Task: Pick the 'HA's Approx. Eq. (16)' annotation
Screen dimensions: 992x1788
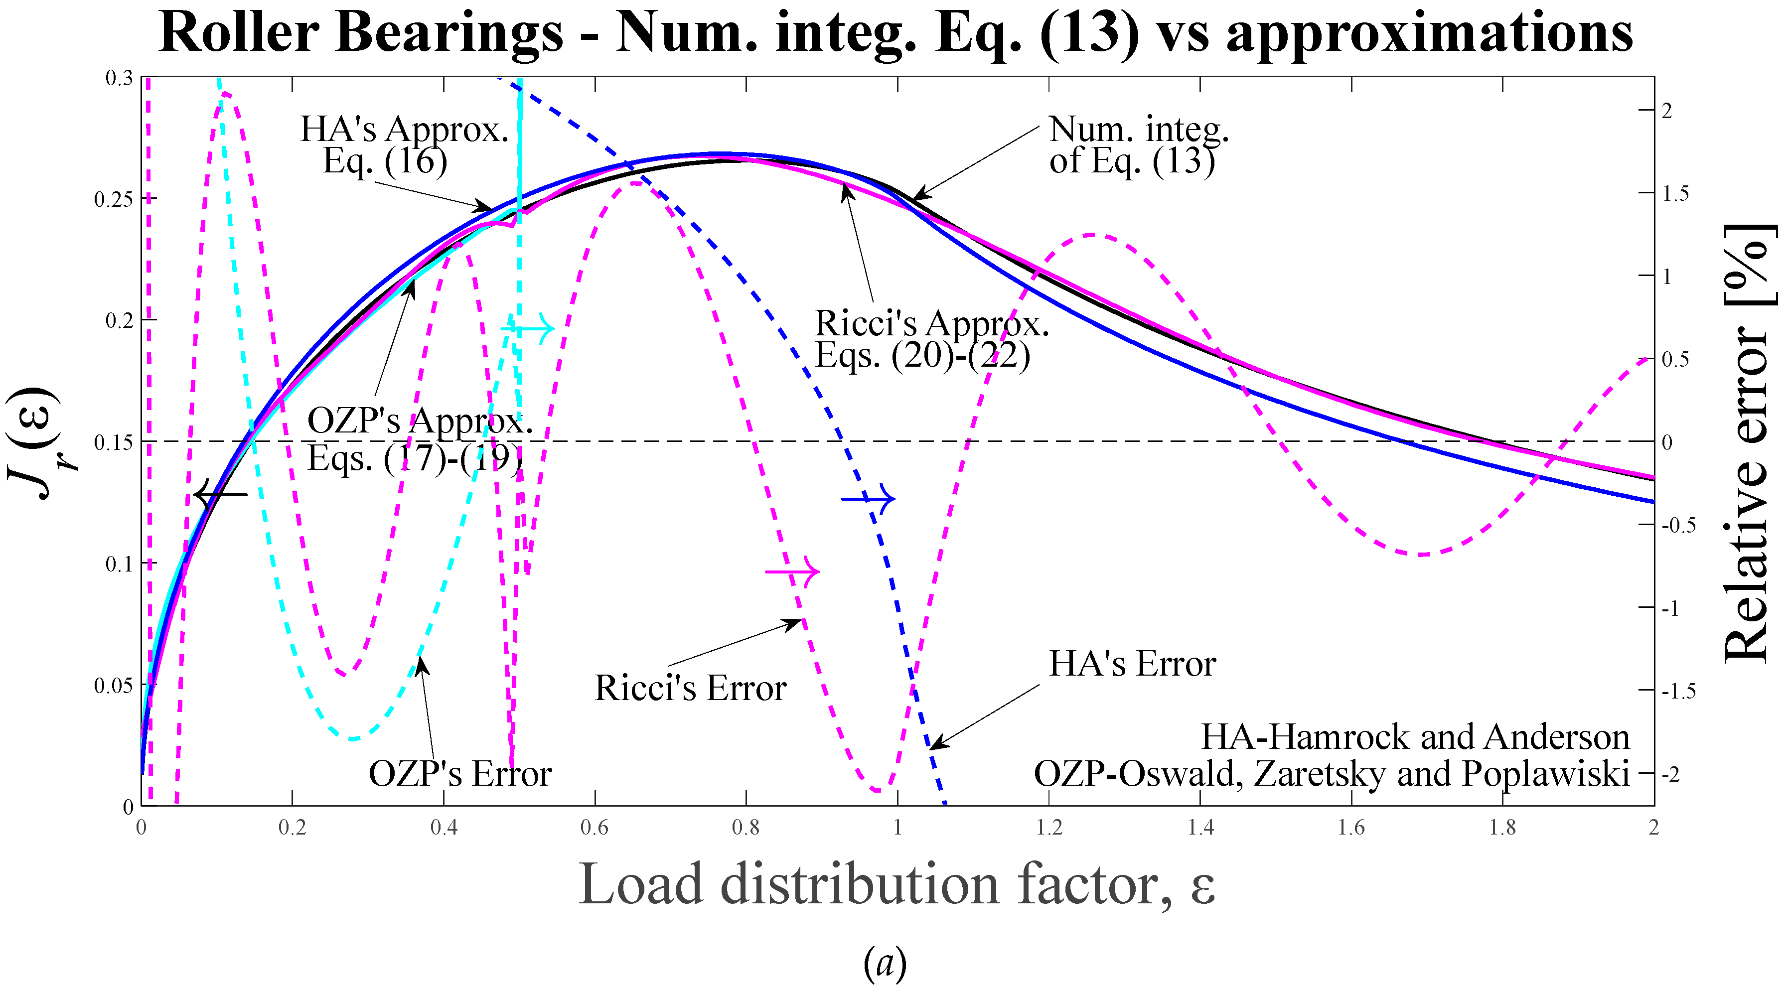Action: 404,144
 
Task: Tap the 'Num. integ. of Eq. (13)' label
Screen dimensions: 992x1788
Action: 1138,144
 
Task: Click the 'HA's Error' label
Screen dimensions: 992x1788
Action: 1131,664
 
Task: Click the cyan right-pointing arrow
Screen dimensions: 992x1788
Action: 528,328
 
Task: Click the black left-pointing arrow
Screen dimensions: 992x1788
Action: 221,494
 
